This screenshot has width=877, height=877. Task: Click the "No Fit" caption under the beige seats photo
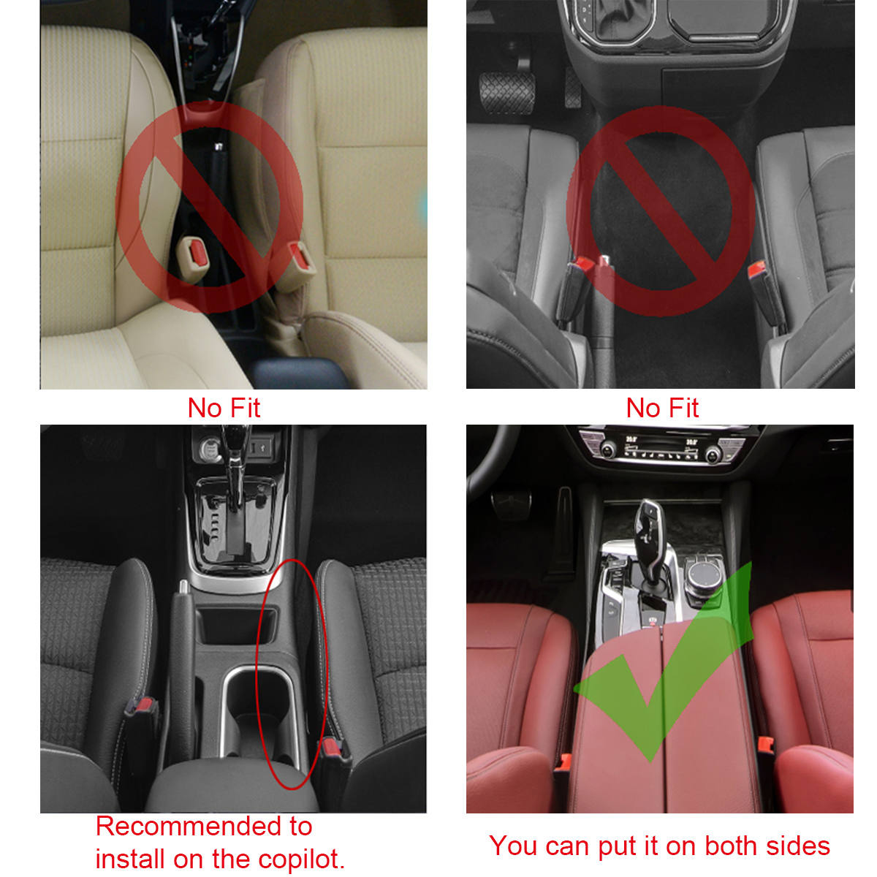[x=224, y=408]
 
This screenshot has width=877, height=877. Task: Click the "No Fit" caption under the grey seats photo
[x=662, y=408]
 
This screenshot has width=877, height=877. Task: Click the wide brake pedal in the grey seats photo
[x=506, y=92]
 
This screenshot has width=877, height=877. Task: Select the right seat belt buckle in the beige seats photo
[x=300, y=257]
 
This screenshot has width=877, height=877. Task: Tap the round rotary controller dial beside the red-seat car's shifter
[x=703, y=569]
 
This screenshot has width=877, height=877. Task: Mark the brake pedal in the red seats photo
[x=512, y=504]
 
